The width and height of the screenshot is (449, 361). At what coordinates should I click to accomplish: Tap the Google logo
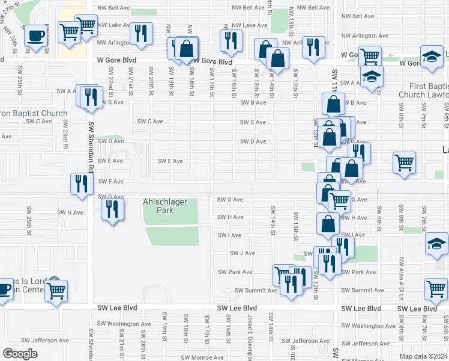(x=20, y=354)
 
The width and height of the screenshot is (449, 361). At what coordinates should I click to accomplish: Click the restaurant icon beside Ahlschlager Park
(x=112, y=209)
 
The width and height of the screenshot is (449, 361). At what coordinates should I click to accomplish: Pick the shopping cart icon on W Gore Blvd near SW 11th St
(x=370, y=57)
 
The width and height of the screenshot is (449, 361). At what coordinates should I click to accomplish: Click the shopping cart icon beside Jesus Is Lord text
(x=56, y=291)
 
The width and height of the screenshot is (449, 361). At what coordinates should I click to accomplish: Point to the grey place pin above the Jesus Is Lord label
(x=54, y=280)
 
